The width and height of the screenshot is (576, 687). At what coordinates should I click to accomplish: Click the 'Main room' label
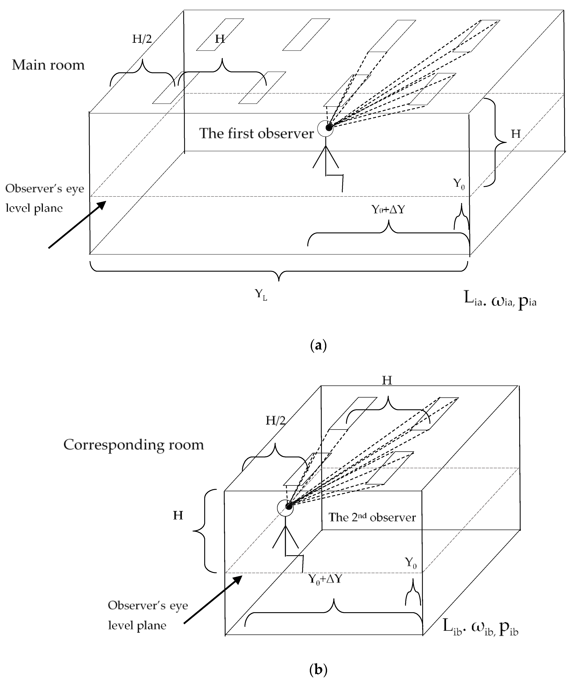point(48,65)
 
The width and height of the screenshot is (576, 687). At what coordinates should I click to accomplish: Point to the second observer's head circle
point(285,508)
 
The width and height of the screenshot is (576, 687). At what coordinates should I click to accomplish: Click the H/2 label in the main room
point(142,39)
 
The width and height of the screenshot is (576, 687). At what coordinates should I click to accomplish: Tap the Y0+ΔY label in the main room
point(388,209)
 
